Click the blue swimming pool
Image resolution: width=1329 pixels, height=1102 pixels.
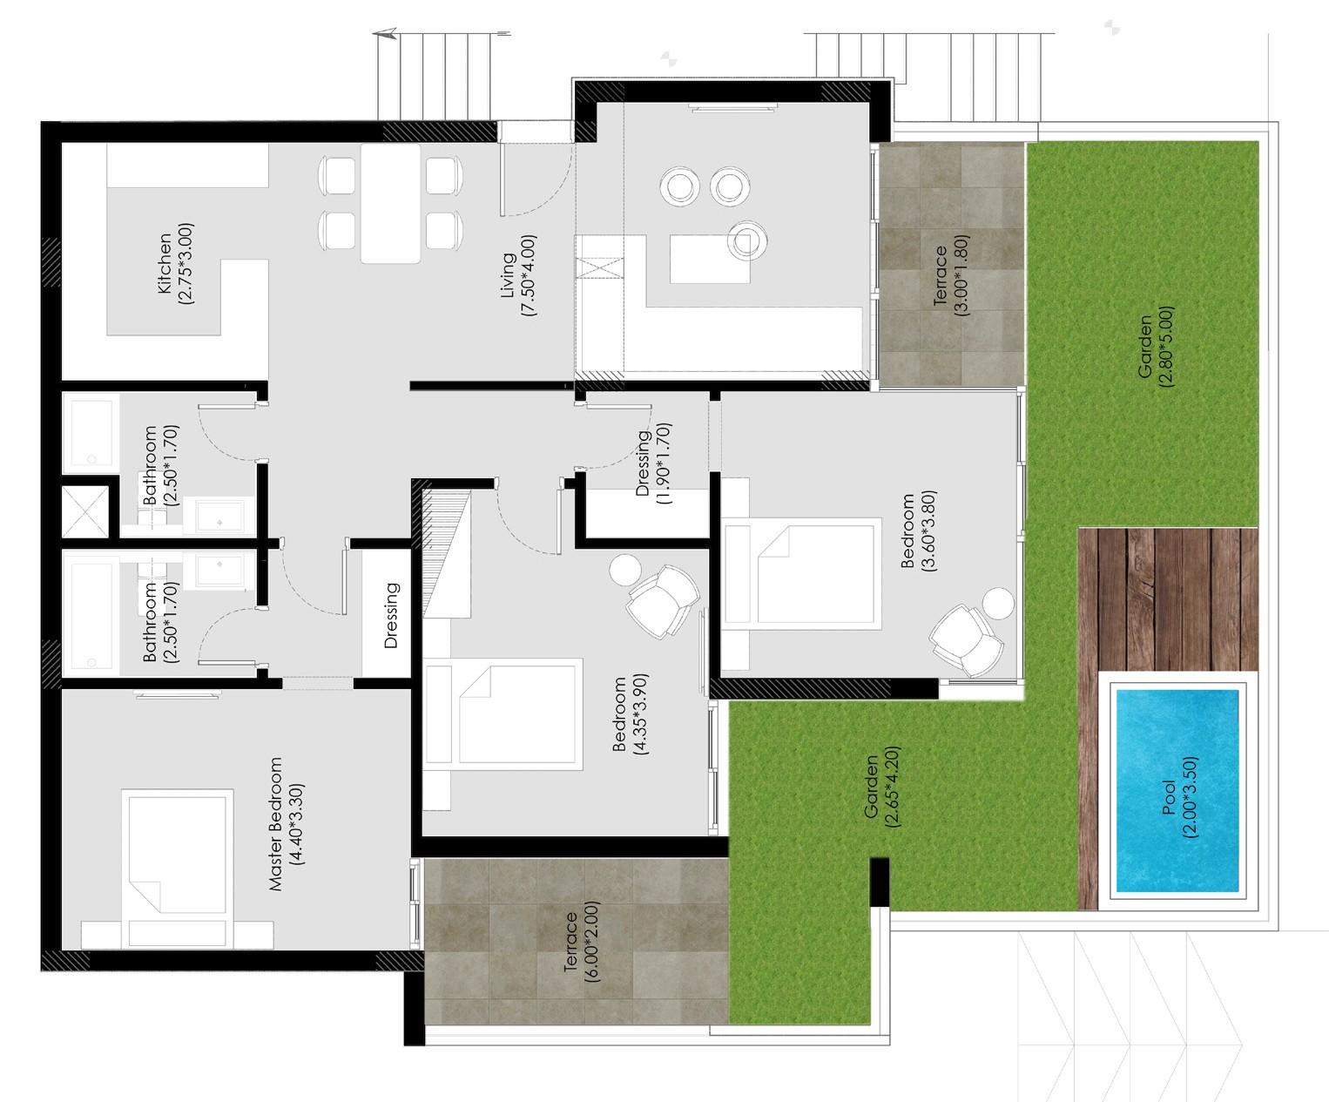tap(1177, 791)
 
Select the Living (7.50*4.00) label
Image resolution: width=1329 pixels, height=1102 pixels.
tap(518, 275)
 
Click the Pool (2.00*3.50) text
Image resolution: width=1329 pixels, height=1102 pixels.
tap(1179, 797)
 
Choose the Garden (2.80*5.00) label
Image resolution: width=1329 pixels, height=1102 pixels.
tap(1155, 347)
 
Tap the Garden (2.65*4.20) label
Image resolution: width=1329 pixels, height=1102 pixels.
tap(880, 787)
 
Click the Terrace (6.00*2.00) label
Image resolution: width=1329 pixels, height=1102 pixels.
tap(581, 942)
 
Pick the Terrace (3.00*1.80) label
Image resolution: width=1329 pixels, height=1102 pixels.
tap(950, 275)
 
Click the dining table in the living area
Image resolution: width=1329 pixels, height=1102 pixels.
tap(390, 203)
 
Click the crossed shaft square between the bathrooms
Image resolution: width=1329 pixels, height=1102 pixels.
tap(85, 511)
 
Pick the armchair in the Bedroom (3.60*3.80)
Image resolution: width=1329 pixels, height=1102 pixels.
tap(966, 640)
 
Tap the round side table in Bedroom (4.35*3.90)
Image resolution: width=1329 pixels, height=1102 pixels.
tap(625, 570)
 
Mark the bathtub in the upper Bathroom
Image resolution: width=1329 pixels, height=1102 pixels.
tap(91, 433)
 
